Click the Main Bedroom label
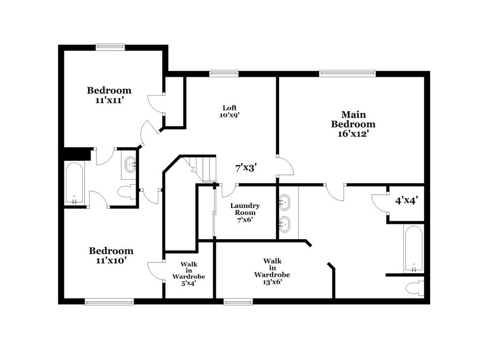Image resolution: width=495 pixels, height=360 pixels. pos(353,119)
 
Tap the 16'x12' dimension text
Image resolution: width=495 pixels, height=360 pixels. pos(353,133)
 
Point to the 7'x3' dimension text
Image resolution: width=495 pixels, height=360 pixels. pos(245,167)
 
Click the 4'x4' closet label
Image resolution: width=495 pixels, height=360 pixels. pos(407,201)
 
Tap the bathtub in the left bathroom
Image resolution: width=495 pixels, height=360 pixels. pos(74,183)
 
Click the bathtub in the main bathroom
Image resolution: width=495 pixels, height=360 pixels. pos(413,249)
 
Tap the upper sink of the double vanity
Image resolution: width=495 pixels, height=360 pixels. pos(285,202)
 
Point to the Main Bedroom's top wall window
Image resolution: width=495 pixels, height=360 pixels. pos(347,73)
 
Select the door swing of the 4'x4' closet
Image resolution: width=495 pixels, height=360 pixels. pos(379,202)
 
